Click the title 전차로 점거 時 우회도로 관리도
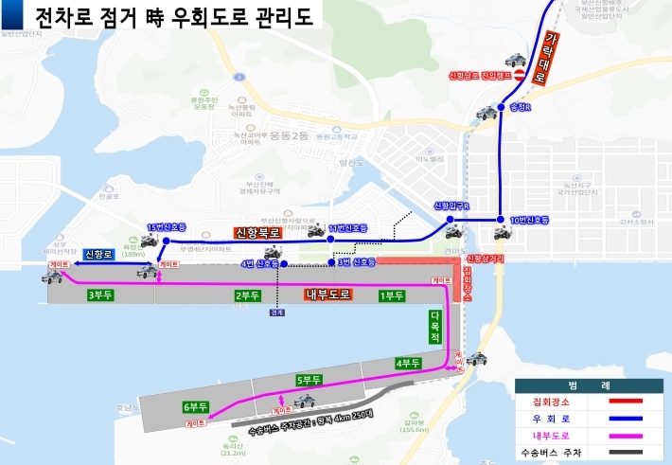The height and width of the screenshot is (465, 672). click(x=175, y=17)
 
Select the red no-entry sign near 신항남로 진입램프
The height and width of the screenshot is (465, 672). click(x=519, y=74)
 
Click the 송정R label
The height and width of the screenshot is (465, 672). click(x=522, y=108)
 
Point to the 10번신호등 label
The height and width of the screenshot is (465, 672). click(x=529, y=221)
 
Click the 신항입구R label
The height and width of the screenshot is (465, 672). click(x=451, y=206)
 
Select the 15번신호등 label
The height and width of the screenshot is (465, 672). click(x=166, y=227)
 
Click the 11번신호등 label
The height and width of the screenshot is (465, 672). click(x=347, y=229)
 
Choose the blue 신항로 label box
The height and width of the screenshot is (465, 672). click(x=98, y=254)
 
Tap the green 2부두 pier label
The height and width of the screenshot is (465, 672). click(x=248, y=295)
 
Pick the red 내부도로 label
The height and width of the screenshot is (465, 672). click(x=327, y=295)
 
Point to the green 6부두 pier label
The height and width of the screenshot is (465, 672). click(x=196, y=407)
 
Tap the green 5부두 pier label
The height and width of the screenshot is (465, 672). click(x=309, y=380)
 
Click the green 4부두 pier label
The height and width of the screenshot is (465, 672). click(x=408, y=364)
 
